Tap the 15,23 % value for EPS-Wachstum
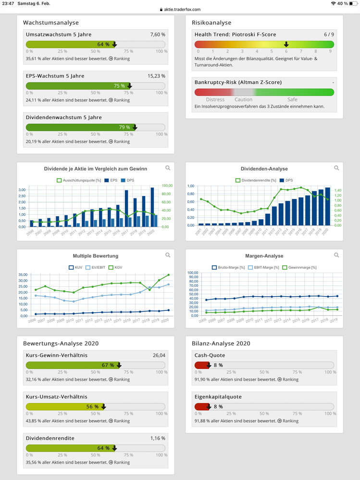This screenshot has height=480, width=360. (157, 76)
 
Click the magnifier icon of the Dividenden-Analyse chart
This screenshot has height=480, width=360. (336, 168)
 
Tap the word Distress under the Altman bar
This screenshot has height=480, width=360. (215, 99)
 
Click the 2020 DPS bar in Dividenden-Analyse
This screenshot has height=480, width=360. (327, 206)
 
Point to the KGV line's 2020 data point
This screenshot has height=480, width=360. (168, 275)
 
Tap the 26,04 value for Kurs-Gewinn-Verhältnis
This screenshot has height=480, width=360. (158, 356)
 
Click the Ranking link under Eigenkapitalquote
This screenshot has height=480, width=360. (287, 421)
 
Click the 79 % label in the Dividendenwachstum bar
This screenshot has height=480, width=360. (124, 127)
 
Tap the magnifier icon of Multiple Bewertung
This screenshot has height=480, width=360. (168, 255)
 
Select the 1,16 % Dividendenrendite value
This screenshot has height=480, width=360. (157, 438)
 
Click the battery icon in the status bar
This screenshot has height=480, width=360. (352, 3)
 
